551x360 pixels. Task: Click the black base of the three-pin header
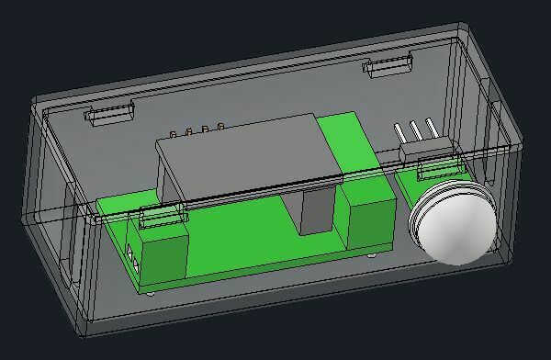tap(419, 149)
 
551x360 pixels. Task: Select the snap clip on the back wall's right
tap(388, 65)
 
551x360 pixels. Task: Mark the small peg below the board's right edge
tap(371, 258)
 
